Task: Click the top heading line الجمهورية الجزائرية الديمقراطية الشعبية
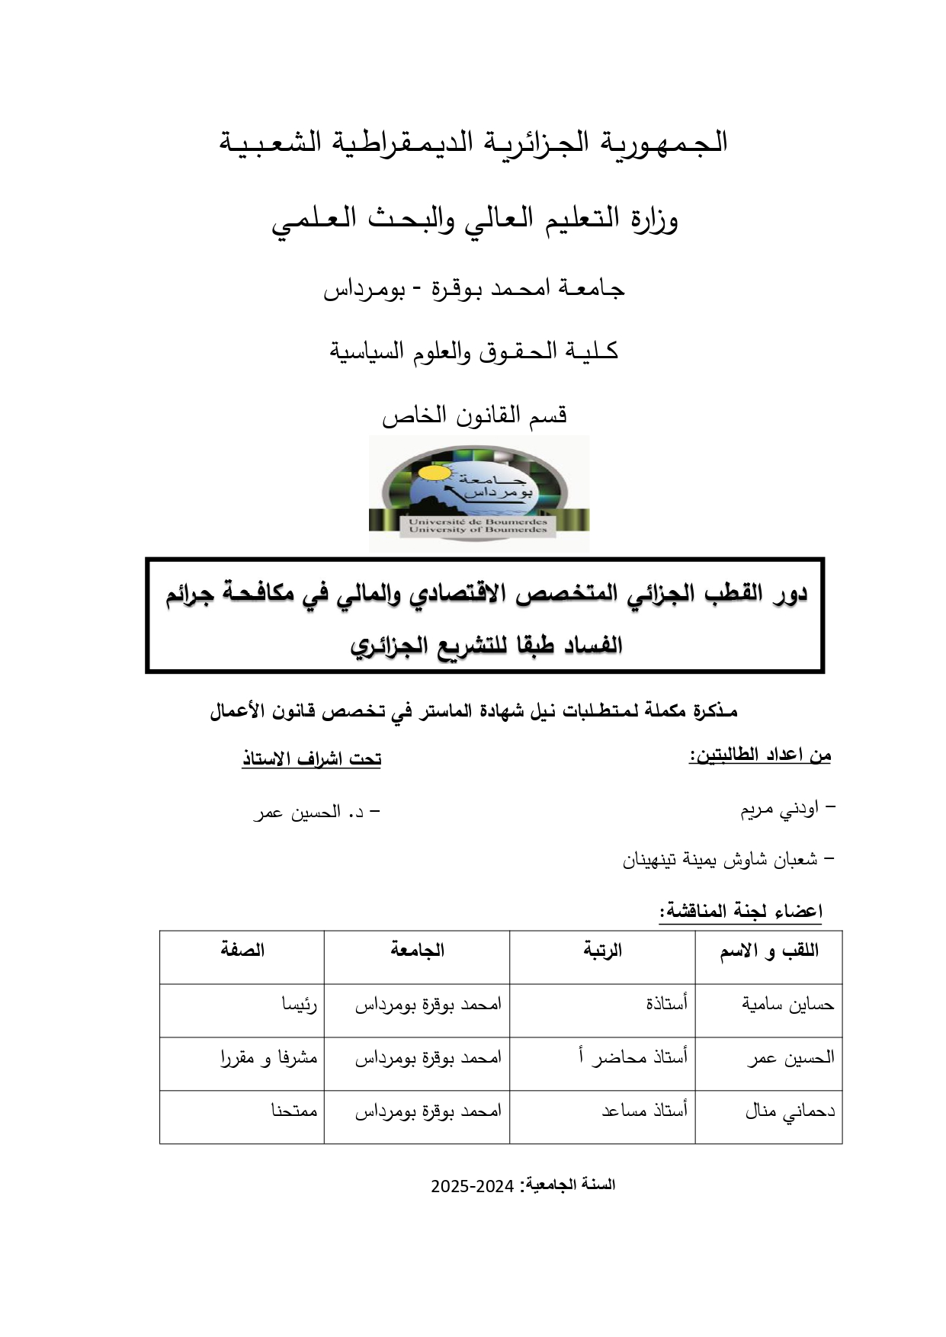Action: (x=473, y=143)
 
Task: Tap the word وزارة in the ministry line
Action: (x=655, y=220)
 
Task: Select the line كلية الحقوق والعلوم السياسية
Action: (x=473, y=351)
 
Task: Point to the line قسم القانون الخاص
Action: (x=474, y=415)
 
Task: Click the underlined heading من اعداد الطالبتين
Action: (x=760, y=755)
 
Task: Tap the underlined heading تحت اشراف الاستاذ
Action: (x=311, y=759)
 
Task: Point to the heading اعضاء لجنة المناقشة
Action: (x=741, y=912)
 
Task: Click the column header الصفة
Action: (x=242, y=951)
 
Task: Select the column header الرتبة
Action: (x=603, y=951)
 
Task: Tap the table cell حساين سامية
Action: (x=788, y=1005)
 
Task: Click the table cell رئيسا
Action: (x=300, y=1005)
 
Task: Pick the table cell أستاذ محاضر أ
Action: (x=633, y=1058)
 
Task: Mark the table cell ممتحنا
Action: (x=294, y=1111)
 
